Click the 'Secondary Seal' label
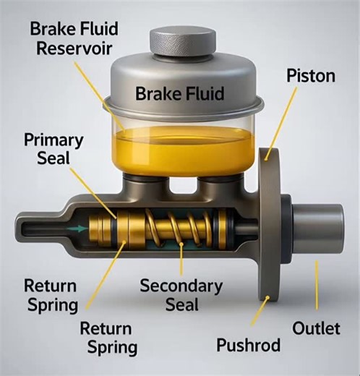tap(181, 294)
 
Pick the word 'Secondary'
tap(181, 285)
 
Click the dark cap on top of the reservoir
tap(182, 40)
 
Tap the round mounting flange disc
tap(270, 224)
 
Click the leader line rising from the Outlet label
tap(316, 289)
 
